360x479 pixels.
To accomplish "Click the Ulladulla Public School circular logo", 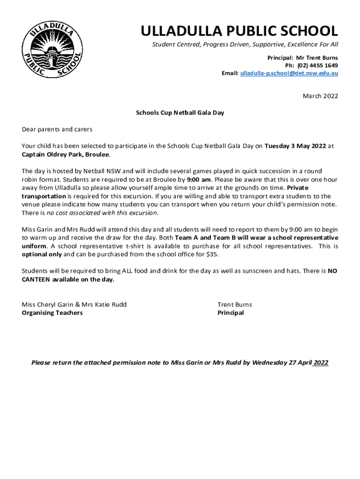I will click(52, 49).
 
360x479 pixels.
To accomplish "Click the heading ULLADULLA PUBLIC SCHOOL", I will click(239, 31).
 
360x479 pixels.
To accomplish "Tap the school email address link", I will click(289, 74).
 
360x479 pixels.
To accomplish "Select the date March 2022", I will click(320, 96).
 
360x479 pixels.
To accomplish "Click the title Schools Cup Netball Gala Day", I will click(180, 113).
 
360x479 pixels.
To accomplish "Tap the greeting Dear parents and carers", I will click(57, 129).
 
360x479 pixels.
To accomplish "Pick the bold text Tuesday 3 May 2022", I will click(295, 145).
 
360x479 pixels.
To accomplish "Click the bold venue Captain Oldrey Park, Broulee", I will click(65, 154).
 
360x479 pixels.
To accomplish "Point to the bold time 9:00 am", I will click(199, 179).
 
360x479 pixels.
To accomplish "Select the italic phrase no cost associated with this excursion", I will click(102, 213).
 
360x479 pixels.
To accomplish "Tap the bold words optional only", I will click(42, 254).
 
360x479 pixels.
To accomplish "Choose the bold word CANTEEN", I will click(36, 280).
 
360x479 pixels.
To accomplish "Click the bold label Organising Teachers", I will click(52, 313).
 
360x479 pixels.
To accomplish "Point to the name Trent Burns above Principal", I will click(235, 305).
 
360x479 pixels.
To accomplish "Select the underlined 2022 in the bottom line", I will click(321, 363).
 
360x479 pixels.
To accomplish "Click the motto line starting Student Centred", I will click(245, 45).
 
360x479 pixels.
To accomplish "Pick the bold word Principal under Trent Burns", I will click(230, 313).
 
